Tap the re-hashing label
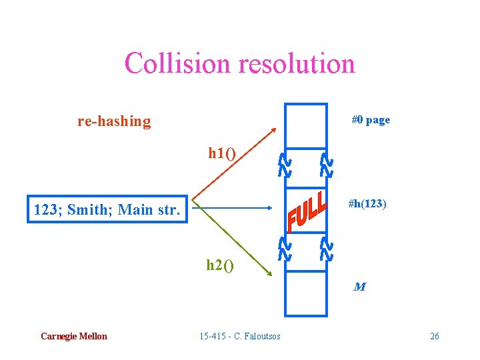114,121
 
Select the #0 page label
371,120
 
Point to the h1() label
221,154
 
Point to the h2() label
220,265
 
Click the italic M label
359,287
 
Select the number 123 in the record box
49,211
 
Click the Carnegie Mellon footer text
73,336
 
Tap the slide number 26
434,336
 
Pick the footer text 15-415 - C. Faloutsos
240,336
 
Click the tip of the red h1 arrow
275,128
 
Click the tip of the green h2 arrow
273,274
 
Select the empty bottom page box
306,293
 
